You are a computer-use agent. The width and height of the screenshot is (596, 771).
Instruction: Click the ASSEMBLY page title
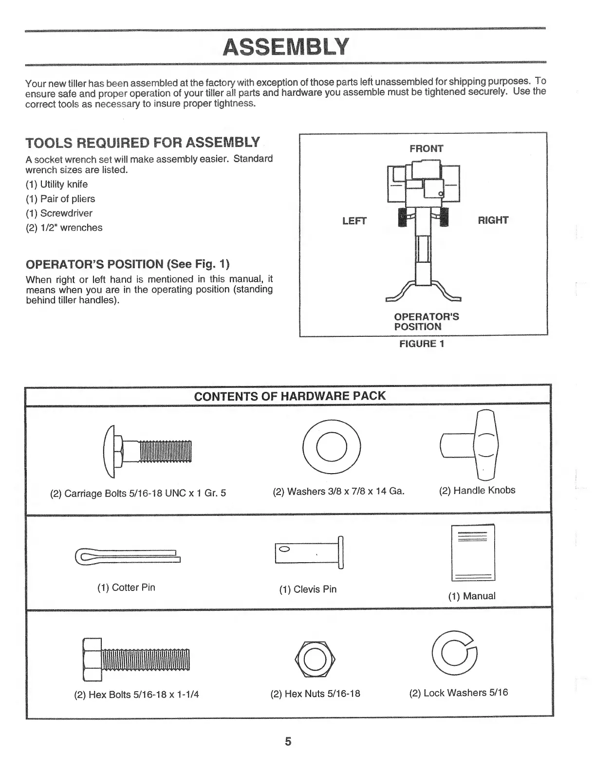286,47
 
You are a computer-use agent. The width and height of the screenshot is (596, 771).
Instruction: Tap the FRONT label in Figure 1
426,148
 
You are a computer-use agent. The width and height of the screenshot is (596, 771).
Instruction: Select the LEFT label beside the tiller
354,220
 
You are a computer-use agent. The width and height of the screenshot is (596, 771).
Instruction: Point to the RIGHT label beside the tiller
493,220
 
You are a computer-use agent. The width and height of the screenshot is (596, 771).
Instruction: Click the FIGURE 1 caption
422,344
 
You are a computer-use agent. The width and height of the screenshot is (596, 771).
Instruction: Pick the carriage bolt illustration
148,451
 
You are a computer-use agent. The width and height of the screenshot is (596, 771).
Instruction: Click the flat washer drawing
332,447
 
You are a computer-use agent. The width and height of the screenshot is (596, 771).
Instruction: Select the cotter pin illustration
128,555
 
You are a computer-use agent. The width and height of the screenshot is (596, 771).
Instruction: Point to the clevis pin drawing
310,552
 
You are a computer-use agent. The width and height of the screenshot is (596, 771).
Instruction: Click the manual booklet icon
473,552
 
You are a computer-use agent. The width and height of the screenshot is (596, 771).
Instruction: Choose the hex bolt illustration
136,659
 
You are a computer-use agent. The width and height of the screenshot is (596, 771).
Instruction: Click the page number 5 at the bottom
288,741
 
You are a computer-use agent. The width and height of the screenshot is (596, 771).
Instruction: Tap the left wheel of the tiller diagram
403,218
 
